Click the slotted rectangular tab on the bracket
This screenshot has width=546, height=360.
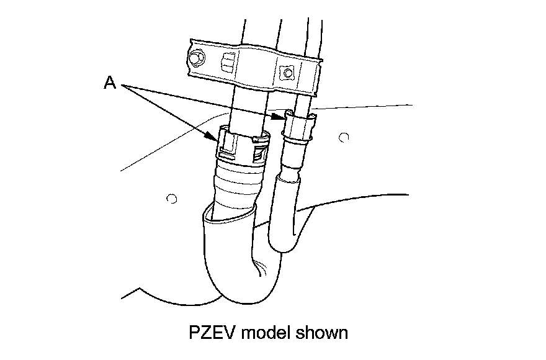(x=227, y=61)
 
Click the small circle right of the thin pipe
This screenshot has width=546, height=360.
(x=345, y=136)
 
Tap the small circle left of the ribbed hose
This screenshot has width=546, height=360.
(x=172, y=199)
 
